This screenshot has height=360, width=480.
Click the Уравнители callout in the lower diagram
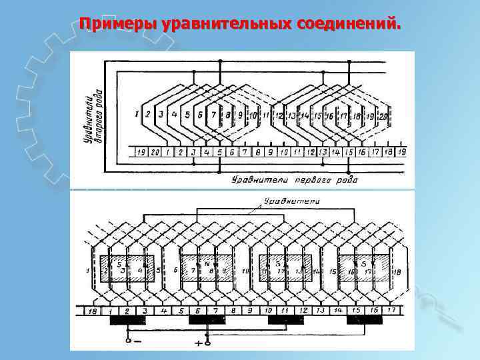tap(292, 200)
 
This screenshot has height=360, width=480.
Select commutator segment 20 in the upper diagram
tap(155, 153)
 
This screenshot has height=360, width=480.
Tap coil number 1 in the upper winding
tap(137, 114)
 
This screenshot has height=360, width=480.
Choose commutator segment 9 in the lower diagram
tap(249, 310)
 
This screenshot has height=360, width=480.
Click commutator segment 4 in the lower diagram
tap(163, 310)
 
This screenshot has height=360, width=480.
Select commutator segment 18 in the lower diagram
tap(93, 310)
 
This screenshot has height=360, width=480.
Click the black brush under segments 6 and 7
tap(207, 321)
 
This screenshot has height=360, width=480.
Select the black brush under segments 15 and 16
tap(365, 321)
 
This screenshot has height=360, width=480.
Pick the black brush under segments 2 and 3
tap(128, 321)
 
